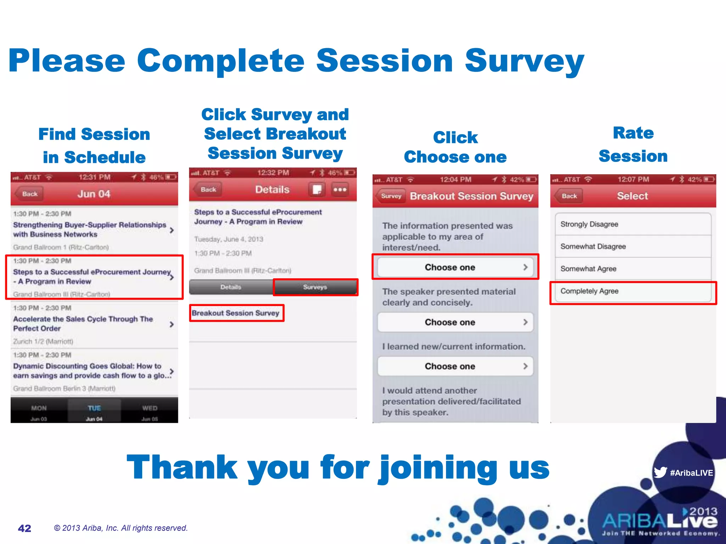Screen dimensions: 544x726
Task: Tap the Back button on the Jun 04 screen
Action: click(29, 194)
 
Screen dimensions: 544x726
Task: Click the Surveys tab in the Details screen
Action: click(315, 287)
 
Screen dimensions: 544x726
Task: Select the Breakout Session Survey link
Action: click(236, 313)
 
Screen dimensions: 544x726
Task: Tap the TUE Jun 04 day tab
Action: click(94, 412)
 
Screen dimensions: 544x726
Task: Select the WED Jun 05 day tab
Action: click(150, 412)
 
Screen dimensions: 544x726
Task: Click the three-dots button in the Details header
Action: click(340, 189)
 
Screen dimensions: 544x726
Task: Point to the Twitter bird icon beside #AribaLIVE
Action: click(660, 472)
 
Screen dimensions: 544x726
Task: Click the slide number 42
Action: click(24, 528)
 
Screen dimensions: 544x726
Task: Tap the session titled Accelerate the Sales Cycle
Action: click(83, 323)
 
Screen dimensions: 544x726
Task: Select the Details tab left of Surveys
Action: click(231, 287)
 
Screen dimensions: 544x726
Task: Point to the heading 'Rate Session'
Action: click(633, 144)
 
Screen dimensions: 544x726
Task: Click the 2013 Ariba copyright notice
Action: click(121, 528)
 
